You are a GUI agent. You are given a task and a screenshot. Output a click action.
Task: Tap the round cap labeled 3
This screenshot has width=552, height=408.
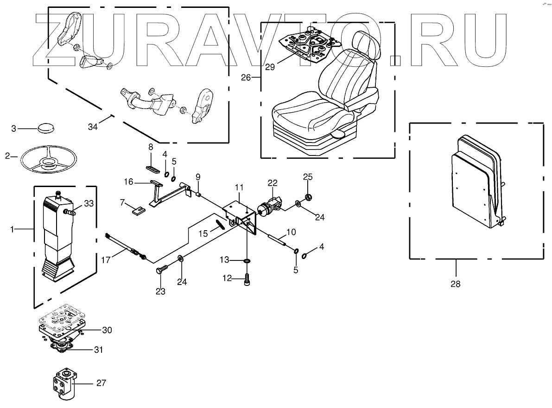coord(45,127)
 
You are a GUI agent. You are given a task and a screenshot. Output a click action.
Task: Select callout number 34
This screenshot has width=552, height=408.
coord(93,127)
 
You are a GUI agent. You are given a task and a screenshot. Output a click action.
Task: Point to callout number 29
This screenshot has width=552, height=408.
coord(270,67)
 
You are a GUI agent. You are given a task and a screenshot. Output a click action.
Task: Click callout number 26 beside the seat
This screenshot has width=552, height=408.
coord(247,78)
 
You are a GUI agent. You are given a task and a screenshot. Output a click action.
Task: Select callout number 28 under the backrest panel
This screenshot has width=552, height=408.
coord(456,283)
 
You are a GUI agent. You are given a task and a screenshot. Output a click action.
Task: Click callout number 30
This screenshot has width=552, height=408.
coord(107,330)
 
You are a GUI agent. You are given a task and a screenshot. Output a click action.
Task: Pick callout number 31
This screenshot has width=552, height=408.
coord(99,349)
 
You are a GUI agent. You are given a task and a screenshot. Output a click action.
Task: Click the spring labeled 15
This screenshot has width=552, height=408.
coord(221,224)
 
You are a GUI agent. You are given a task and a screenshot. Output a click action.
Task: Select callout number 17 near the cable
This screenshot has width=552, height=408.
coord(106,260)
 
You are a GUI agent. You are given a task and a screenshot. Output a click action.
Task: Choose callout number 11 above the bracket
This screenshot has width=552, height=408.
coord(239,187)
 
